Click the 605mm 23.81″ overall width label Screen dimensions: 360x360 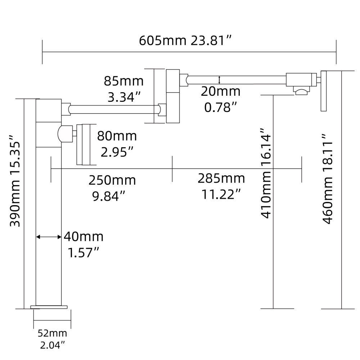(x=185, y=40)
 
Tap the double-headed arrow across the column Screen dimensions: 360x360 (x=49, y=237)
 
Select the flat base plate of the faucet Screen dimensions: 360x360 (x=49, y=307)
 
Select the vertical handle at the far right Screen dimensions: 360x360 (x=324, y=91)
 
